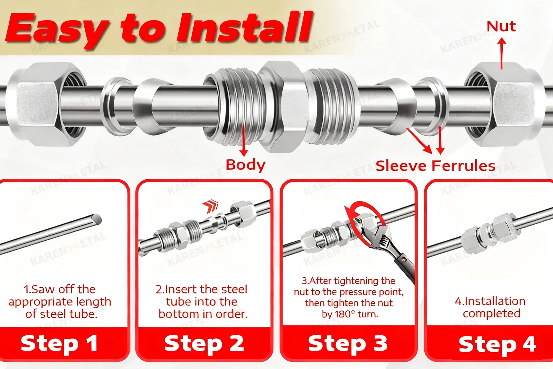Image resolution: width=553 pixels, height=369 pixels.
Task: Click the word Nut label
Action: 501,26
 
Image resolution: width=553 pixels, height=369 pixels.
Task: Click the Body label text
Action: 245,165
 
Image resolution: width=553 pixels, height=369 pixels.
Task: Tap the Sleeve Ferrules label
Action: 435,166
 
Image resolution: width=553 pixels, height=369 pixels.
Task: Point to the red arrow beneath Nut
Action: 502,54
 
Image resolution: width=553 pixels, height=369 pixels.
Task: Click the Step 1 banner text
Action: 59,344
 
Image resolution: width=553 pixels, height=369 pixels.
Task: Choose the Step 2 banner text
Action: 204,344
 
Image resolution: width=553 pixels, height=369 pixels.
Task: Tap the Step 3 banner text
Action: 348,343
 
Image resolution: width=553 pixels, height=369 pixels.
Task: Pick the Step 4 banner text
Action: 497,344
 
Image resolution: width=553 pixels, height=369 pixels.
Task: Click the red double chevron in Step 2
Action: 211,206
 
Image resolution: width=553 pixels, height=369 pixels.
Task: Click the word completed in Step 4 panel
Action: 492,314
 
